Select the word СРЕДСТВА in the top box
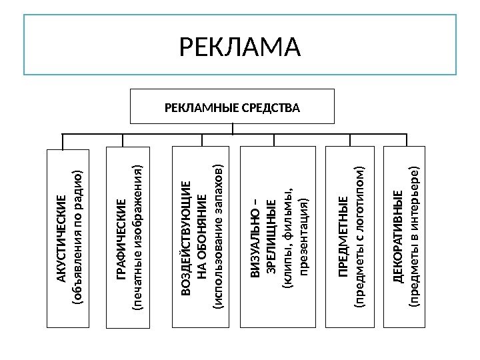click(272, 107)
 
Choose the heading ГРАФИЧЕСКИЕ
click(121, 238)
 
